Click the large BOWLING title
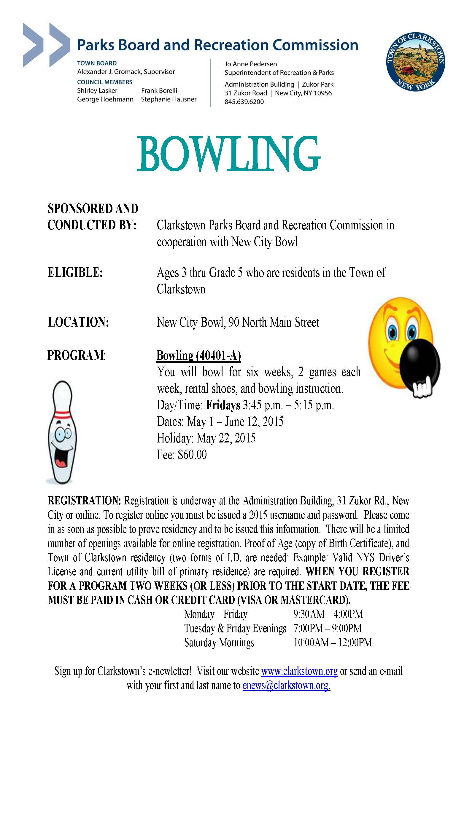pyautogui.click(x=228, y=154)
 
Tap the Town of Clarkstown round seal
pyautogui.click(x=415, y=62)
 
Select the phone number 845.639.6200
pyautogui.click(x=244, y=102)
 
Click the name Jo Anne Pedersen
pyautogui.click(x=250, y=64)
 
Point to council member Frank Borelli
pyautogui.click(x=159, y=90)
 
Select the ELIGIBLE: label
pyautogui.click(x=75, y=273)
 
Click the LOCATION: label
pyautogui.click(x=78, y=322)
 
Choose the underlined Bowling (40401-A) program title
pyautogui.click(x=198, y=355)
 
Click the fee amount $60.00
pyautogui.click(x=192, y=455)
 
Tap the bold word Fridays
pyautogui.click(x=223, y=405)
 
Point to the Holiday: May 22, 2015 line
pyautogui.click(x=206, y=438)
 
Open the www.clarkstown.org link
pyautogui.click(x=299, y=671)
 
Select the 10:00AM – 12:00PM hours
pyautogui.click(x=332, y=643)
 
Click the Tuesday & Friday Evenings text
pyautogui.click(x=235, y=629)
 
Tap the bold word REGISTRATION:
pyautogui.click(x=84, y=501)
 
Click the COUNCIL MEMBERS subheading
pyautogui.click(x=104, y=82)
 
